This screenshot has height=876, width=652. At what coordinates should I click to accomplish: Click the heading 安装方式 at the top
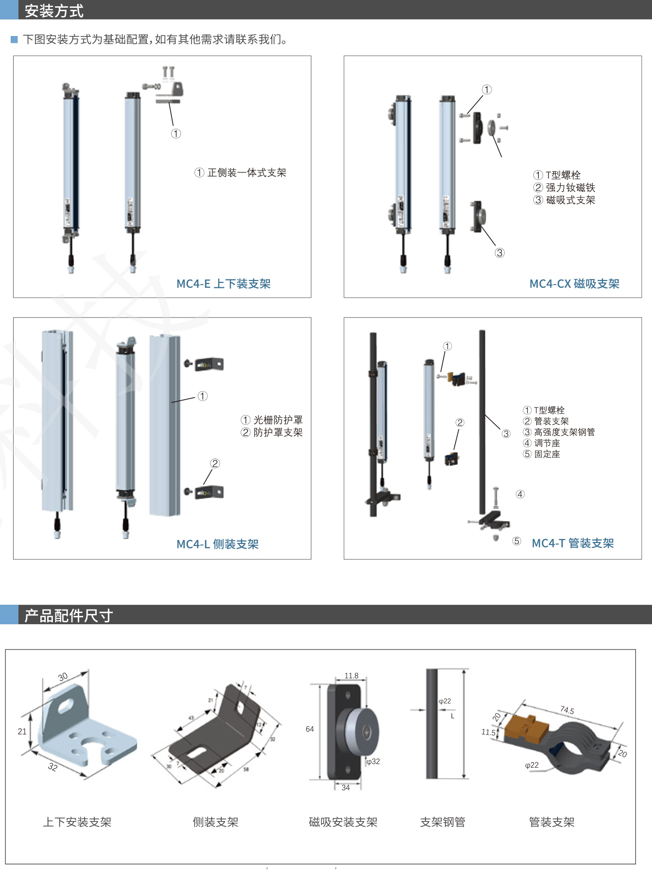(54, 11)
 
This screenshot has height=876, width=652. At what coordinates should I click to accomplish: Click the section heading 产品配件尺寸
(69, 615)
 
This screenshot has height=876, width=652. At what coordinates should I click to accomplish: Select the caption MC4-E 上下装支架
(223, 284)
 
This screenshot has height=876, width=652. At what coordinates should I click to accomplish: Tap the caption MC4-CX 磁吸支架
(574, 284)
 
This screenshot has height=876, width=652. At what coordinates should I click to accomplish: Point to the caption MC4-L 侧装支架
(217, 544)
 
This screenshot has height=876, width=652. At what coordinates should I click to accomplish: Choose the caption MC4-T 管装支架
(573, 543)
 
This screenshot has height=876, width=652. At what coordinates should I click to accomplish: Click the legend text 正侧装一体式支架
(247, 173)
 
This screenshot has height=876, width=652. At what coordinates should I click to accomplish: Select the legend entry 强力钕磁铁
(570, 188)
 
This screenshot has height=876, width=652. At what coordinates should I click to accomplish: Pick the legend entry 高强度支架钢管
(564, 432)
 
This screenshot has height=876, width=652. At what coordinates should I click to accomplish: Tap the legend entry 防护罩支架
(278, 433)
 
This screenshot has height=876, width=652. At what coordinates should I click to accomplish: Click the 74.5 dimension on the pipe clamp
(567, 710)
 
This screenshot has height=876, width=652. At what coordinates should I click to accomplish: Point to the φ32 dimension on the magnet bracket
(373, 762)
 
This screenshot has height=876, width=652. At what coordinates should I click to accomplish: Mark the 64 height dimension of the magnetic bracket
(310, 729)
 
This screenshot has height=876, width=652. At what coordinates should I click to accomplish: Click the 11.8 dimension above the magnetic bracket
(351, 676)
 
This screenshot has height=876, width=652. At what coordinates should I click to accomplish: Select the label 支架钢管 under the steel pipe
(442, 822)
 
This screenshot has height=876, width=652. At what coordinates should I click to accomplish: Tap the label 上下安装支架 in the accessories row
(77, 822)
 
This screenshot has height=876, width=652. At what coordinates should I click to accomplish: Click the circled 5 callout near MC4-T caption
(516, 541)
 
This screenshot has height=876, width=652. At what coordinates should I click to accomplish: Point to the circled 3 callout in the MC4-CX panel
(499, 253)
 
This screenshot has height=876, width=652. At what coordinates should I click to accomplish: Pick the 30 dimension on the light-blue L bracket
(63, 677)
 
